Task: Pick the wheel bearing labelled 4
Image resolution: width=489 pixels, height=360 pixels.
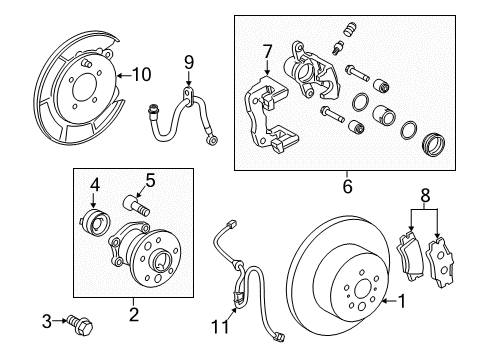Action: coord(96,220)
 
